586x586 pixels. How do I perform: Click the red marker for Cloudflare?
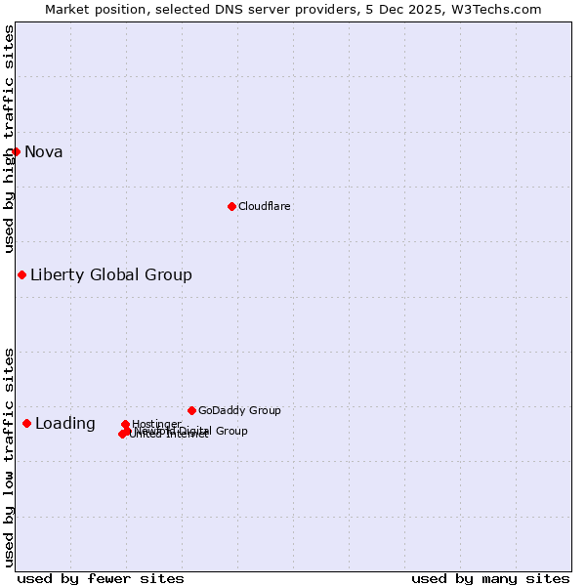231,206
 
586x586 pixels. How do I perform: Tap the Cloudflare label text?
264,206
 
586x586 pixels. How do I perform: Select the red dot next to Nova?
16,151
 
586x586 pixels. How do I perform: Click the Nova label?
43,151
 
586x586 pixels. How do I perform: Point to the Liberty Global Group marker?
21,274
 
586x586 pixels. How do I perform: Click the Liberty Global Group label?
110,274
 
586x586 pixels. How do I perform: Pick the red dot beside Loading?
26,423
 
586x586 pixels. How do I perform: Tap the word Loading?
64,423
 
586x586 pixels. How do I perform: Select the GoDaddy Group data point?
191,410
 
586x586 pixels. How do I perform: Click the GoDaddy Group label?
239,410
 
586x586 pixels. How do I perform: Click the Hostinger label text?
156,424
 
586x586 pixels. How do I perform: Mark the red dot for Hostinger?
125,424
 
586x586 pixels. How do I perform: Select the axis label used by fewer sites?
101,578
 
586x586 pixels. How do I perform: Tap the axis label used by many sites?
490,578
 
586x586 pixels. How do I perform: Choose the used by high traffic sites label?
9,139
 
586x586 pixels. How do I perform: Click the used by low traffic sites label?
9,456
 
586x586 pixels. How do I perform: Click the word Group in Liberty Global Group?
168,274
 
